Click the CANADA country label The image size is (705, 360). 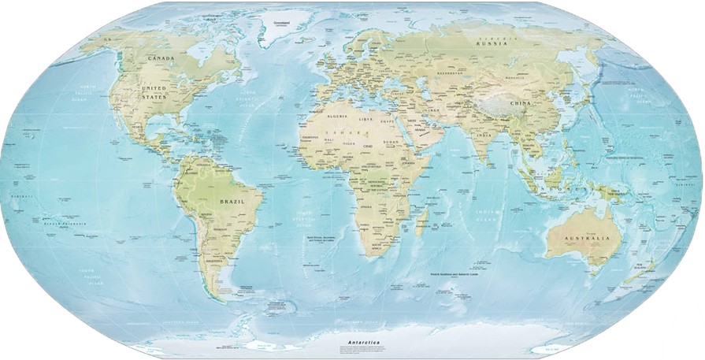coord(161,58)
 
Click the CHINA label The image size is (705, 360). coord(519,103)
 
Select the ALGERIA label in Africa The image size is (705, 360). coord(338,117)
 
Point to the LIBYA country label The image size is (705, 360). coord(365,120)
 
